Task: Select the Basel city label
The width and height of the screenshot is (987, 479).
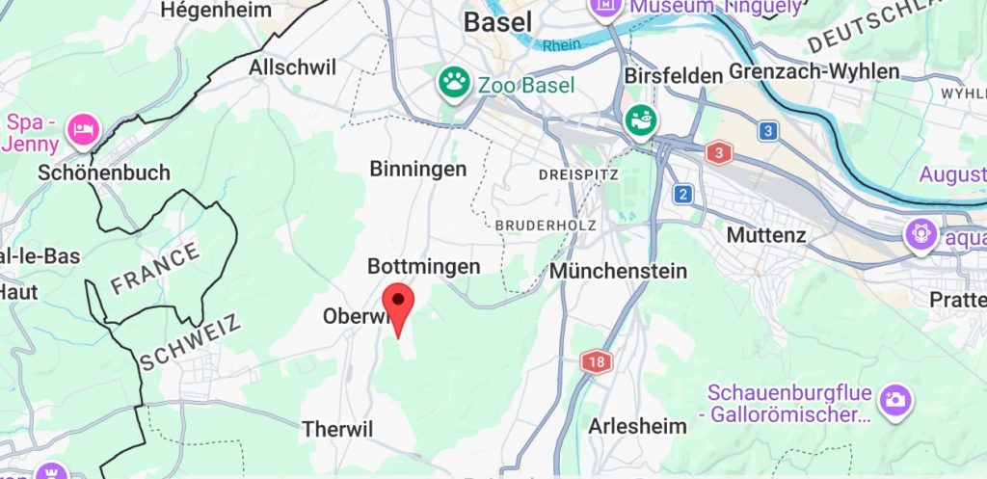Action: (x=497, y=21)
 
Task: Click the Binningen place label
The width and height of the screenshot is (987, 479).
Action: (x=418, y=169)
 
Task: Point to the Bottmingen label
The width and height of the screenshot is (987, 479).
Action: (x=423, y=266)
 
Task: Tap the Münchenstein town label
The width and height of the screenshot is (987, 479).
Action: (x=618, y=271)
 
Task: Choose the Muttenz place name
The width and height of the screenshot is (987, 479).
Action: (x=766, y=234)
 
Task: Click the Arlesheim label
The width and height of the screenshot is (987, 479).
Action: (x=637, y=426)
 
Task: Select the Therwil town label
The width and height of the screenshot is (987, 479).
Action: (x=336, y=429)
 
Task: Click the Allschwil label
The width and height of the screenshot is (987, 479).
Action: (x=292, y=67)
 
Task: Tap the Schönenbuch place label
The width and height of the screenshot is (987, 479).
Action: (x=104, y=173)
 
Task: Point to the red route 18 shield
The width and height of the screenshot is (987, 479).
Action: (x=597, y=362)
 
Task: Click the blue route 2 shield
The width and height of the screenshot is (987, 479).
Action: (x=683, y=194)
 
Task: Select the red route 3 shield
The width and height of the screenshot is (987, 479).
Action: (x=718, y=152)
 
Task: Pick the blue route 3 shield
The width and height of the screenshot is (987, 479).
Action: (x=767, y=130)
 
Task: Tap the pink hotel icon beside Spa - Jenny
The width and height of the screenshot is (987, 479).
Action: (x=85, y=127)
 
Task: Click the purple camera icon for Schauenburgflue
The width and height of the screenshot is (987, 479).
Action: (x=895, y=398)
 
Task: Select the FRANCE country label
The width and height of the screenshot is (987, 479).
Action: (x=155, y=268)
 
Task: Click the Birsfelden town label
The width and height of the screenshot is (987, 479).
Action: (x=674, y=75)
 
